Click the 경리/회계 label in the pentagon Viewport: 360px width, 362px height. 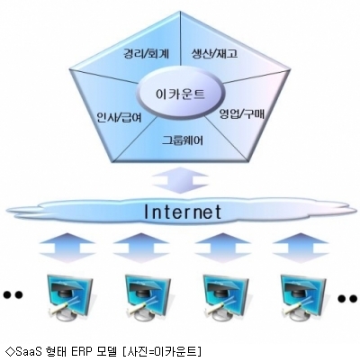[147, 54]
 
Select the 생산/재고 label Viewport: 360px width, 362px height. [214, 54]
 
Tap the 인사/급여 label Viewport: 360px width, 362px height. [119, 117]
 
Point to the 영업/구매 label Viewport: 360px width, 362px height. [242, 113]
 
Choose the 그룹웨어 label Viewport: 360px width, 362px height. [183, 140]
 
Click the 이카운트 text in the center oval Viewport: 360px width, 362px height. [181, 94]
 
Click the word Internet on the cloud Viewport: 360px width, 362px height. [183, 212]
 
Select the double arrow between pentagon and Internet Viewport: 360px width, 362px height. [181, 181]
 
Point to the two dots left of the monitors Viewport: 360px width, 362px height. [13, 294]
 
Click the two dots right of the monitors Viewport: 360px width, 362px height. [348, 298]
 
